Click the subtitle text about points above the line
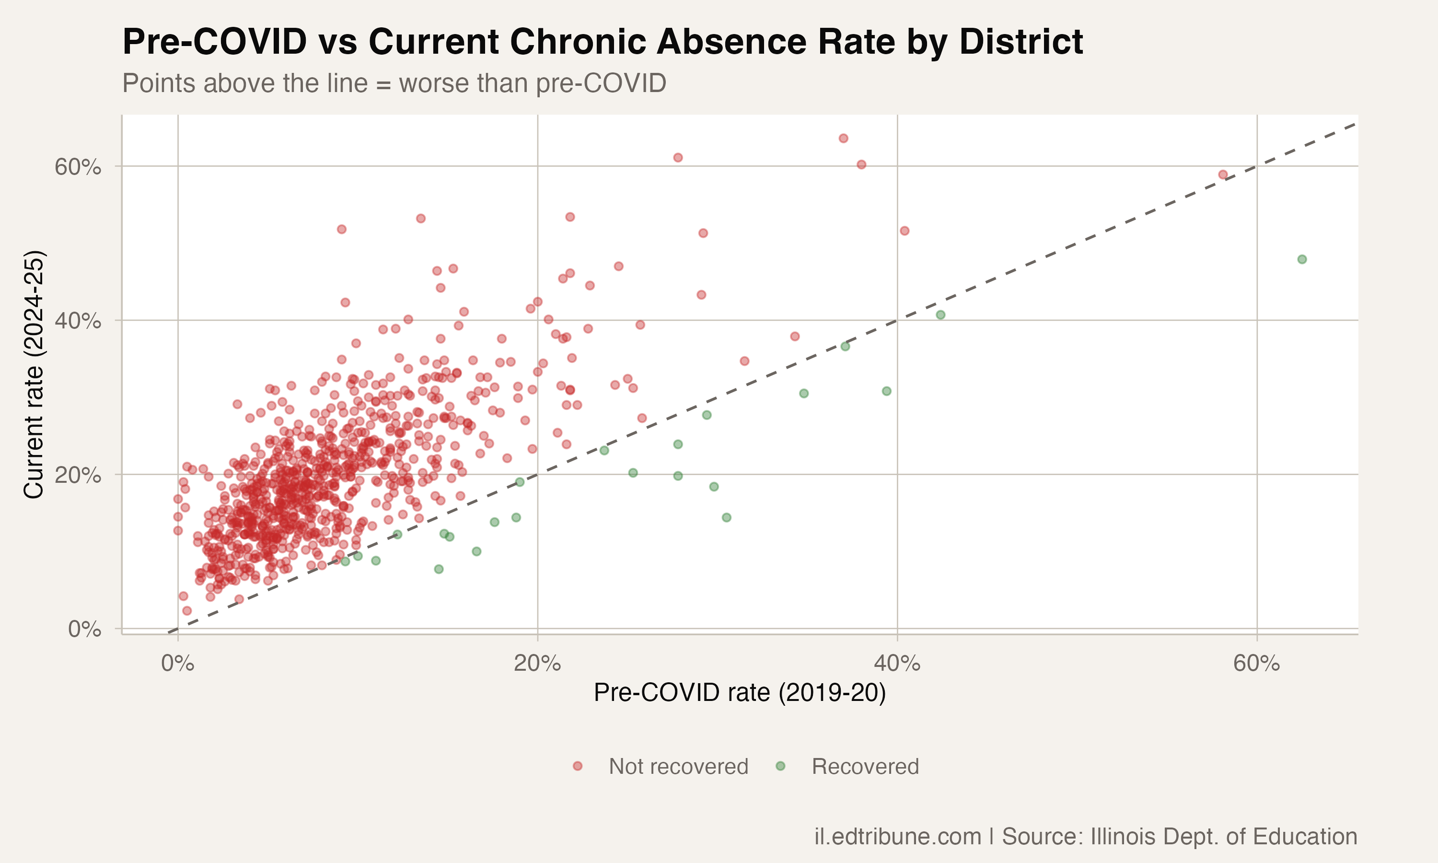pos(394,83)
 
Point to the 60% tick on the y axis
pos(78,167)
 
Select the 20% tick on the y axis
pos(78,475)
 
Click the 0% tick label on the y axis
pos(84,629)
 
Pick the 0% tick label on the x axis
pos(177,664)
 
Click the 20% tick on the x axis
pos(537,664)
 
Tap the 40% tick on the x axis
pos(897,664)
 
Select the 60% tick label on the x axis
pos(1257,664)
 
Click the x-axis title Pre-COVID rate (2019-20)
pos(739,693)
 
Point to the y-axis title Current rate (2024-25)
pos(34,374)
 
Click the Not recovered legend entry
pos(678,767)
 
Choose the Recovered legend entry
pos(865,767)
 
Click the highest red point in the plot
pos(843,139)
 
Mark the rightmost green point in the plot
pos(1302,259)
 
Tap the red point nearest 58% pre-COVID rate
pos(1223,175)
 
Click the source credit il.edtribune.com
pos(898,837)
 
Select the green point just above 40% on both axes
pos(940,315)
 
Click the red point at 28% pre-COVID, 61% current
pos(678,158)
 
